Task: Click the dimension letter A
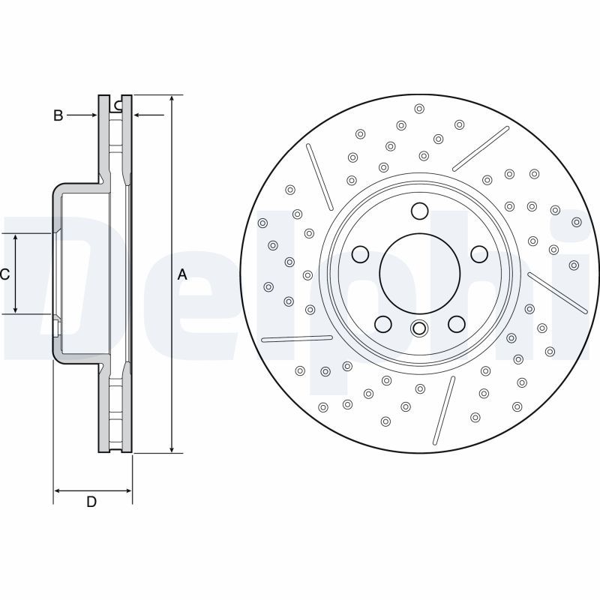coord(181,275)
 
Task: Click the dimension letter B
coord(57,115)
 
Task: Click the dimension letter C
coord(4,274)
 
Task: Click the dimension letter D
coord(91,502)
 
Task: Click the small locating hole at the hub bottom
coord(419,328)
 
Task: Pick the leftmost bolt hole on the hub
coord(361,254)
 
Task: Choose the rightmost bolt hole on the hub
coord(478,254)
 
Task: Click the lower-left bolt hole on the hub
coord(383,323)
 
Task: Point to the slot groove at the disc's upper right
coord(481,148)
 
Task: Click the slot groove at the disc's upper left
coord(320,177)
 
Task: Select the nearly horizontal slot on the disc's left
coord(297,339)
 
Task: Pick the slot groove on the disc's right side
coord(558,292)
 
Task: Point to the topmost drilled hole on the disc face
coord(418,107)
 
